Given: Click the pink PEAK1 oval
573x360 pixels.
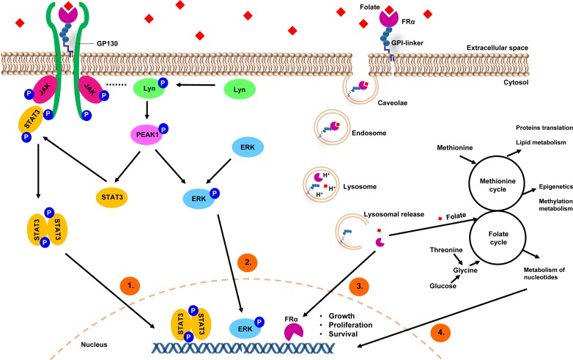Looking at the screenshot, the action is pyautogui.click(x=147, y=134).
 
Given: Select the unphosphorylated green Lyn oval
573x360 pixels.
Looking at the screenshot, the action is pyautogui.click(x=240, y=89).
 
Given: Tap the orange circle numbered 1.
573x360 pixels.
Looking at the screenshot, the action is pyautogui.click(x=130, y=285).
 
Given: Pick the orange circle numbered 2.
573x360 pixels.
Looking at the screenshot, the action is pyautogui.click(x=248, y=262).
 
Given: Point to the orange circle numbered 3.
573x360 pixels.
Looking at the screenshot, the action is pyautogui.click(x=360, y=286).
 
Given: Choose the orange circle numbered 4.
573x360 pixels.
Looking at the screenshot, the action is pyautogui.click(x=440, y=332).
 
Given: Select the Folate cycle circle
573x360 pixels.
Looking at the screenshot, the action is pyautogui.click(x=498, y=238).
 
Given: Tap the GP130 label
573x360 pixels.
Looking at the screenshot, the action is pyautogui.click(x=107, y=43).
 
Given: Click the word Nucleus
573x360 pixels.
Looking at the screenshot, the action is pyautogui.click(x=94, y=345).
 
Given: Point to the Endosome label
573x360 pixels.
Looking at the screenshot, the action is pyautogui.click(x=369, y=133).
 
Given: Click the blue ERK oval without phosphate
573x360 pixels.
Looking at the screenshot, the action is pyautogui.click(x=248, y=147).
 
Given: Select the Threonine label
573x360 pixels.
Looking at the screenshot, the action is pyautogui.click(x=446, y=250).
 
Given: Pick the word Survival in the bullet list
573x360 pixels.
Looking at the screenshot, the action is pyautogui.click(x=343, y=334).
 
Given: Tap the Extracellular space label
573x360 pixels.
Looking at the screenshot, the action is pyautogui.click(x=497, y=48).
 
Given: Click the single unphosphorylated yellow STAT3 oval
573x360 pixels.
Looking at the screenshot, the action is pyautogui.click(x=112, y=197).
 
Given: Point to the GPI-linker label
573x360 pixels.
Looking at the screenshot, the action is pyautogui.click(x=407, y=43).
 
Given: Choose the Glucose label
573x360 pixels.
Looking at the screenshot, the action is pyautogui.click(x=443, y=286).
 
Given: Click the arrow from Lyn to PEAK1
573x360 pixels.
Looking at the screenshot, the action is pyautogui.click(x=147, y=111).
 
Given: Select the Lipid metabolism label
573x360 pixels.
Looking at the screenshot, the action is pyautogui.click(x=541, y=142).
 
